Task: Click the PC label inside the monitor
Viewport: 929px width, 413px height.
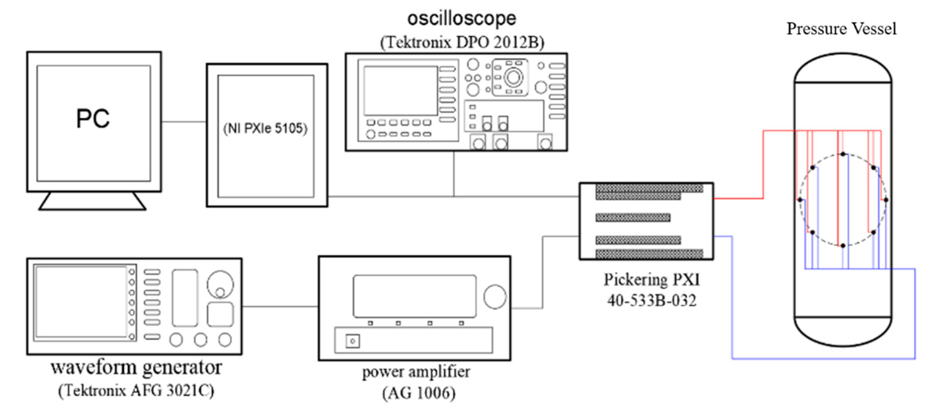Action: point(93,119)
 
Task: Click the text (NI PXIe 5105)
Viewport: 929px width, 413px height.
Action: point(265,129)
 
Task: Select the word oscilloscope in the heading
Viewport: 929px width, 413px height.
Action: point(462,18)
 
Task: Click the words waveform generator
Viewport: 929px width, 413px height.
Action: point(136,368)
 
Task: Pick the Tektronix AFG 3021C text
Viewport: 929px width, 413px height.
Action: point(136,390)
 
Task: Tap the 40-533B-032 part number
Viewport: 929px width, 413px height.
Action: point(651,300)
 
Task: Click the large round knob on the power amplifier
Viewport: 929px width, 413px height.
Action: point(495,296)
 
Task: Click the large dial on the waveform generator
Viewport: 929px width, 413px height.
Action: point(220,284)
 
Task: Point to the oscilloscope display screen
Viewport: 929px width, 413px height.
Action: point(400,90)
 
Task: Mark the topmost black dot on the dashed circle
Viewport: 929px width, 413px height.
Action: point(843,154)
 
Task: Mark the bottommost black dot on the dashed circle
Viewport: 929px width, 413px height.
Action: point(843,246)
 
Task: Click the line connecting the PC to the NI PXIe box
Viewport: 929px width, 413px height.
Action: point(184,122)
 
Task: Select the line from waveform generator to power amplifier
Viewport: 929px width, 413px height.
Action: point(280,307)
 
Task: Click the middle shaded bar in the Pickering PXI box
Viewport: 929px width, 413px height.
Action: point(633,217)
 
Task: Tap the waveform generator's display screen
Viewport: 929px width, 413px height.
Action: point(81,302)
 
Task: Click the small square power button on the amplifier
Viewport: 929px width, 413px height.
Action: point(352,341)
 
